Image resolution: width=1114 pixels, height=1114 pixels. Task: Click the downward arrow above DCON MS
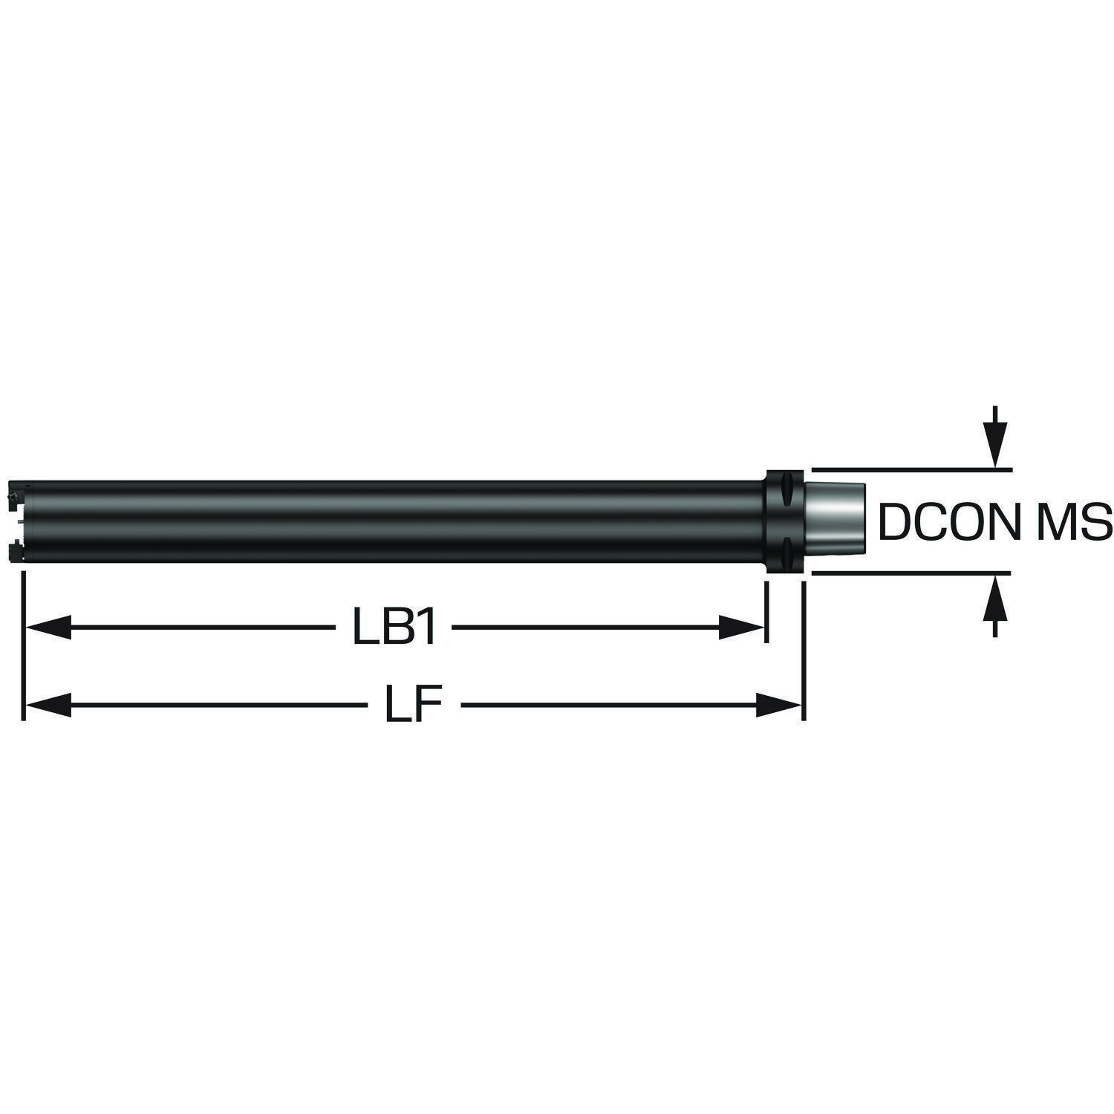pyautogui.click(x=995, y=437)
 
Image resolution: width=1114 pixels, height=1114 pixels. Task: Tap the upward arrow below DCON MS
pyautogui.click(x=995, y=605)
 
